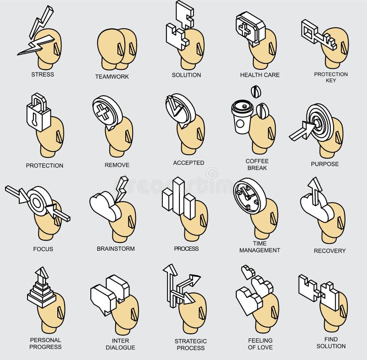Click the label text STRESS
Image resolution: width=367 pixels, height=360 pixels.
[43, 74]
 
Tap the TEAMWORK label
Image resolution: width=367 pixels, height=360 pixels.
[112, 77]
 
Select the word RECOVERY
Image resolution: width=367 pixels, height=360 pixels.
[329, 251]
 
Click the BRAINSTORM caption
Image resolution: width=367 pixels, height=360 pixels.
[116, 248]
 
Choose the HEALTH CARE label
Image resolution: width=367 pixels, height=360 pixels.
[260, 75]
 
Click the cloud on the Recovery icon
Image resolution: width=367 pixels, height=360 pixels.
[317, 207]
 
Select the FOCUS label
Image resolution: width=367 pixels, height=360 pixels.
[43, 249]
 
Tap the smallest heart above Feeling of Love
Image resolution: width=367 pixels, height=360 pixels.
[248, 271]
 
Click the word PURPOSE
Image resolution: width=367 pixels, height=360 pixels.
[325, 164]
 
